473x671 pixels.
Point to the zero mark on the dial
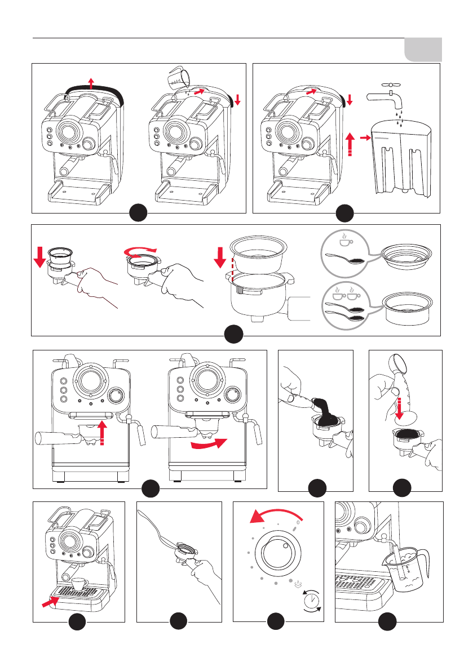coord(298,522)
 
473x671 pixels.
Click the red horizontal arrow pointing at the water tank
coord(364,136)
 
